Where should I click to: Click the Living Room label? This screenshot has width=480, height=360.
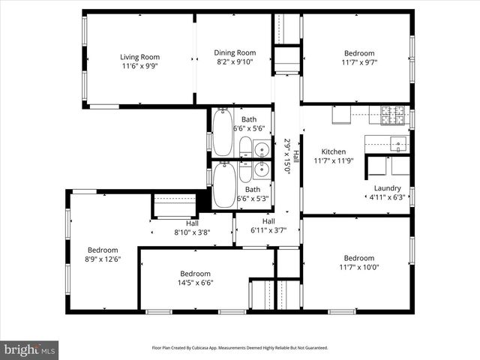coord(139,56)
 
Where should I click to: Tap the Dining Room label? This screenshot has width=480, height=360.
coord(235,52)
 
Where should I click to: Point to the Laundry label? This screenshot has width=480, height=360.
coord(388,188)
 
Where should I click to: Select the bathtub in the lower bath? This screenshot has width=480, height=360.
coord(223,184)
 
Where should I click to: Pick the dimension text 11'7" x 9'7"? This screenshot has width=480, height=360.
coord(359,64)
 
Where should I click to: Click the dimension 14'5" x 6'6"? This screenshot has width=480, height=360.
coord(195,283)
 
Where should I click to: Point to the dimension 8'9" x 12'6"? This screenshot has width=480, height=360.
coord(103,259)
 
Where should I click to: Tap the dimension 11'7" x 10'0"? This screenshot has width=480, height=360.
coord(359,267)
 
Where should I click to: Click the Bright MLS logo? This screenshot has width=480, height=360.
coord(30,349)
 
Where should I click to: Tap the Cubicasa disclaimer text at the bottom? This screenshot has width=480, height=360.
coord(240,348)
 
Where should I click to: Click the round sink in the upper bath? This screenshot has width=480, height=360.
coord(261,149)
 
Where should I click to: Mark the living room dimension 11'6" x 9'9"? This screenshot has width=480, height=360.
coord(139,65)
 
